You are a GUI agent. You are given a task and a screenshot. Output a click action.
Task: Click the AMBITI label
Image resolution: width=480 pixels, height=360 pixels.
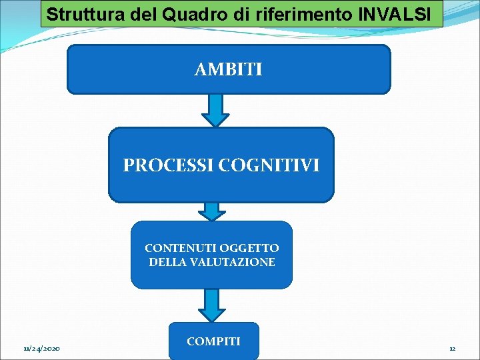click(228, 69)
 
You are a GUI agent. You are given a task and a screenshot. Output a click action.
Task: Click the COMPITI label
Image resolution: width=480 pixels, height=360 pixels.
click(213, 341)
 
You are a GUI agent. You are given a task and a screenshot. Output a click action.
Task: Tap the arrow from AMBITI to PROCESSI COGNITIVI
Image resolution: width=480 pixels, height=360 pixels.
click(215, 110)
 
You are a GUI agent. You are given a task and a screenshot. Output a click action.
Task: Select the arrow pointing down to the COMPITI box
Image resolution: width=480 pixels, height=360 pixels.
click(212, 305)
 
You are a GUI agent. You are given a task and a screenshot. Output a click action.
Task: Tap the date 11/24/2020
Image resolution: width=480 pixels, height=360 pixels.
click(41, 349)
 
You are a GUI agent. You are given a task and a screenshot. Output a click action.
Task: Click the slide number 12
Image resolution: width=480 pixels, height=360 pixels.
click(452, 349)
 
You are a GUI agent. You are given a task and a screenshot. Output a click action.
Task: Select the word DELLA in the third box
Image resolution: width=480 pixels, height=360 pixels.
click(167, 263)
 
